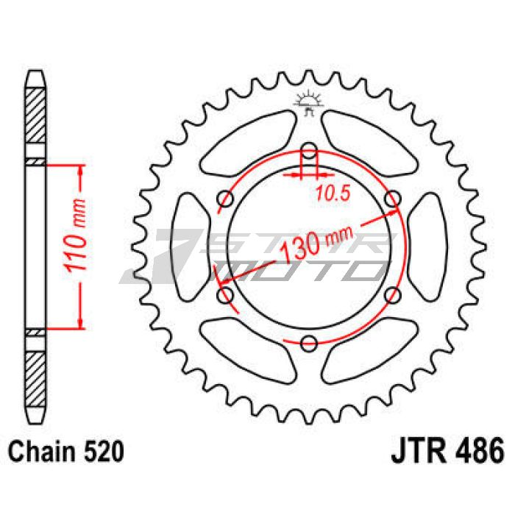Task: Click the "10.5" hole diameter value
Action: [333, 193]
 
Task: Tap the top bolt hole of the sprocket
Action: [309, 151]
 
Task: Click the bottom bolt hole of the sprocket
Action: [309, 344]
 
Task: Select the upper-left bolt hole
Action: [226, 199]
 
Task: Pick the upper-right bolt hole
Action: [392, 199]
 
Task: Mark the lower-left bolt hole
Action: [226, 295]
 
